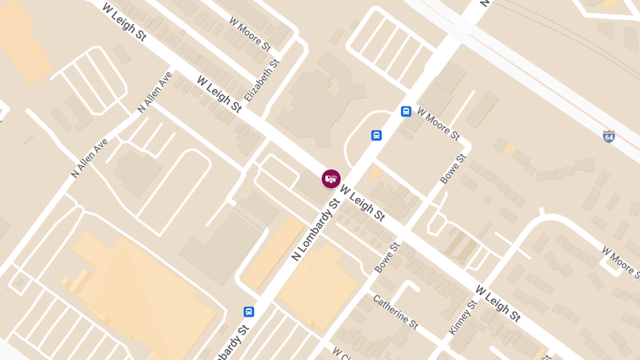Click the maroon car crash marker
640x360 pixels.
[x=331, y=179]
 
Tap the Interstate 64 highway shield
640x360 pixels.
[x=609, y=136]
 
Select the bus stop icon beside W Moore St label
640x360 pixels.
[x=406, y=111]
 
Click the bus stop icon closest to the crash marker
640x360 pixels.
[x=377, y=135]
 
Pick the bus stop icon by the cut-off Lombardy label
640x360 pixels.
[x=249, y=311]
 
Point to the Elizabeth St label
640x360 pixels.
[x=262, y=81]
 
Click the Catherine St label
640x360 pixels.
[x=395, y=311]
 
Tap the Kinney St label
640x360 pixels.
[x=462, y=317]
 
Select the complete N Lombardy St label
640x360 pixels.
[x=315, y=230]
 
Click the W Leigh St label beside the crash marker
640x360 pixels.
[x=363, y=203]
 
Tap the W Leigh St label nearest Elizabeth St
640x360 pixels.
[x=219, y=94]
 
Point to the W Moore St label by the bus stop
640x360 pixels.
[x=438, y=124]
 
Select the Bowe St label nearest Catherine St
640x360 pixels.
[x=387, y=258]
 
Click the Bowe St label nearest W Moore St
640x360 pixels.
[x=453, y=169]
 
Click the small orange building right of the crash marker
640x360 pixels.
[x=375, y=172]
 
